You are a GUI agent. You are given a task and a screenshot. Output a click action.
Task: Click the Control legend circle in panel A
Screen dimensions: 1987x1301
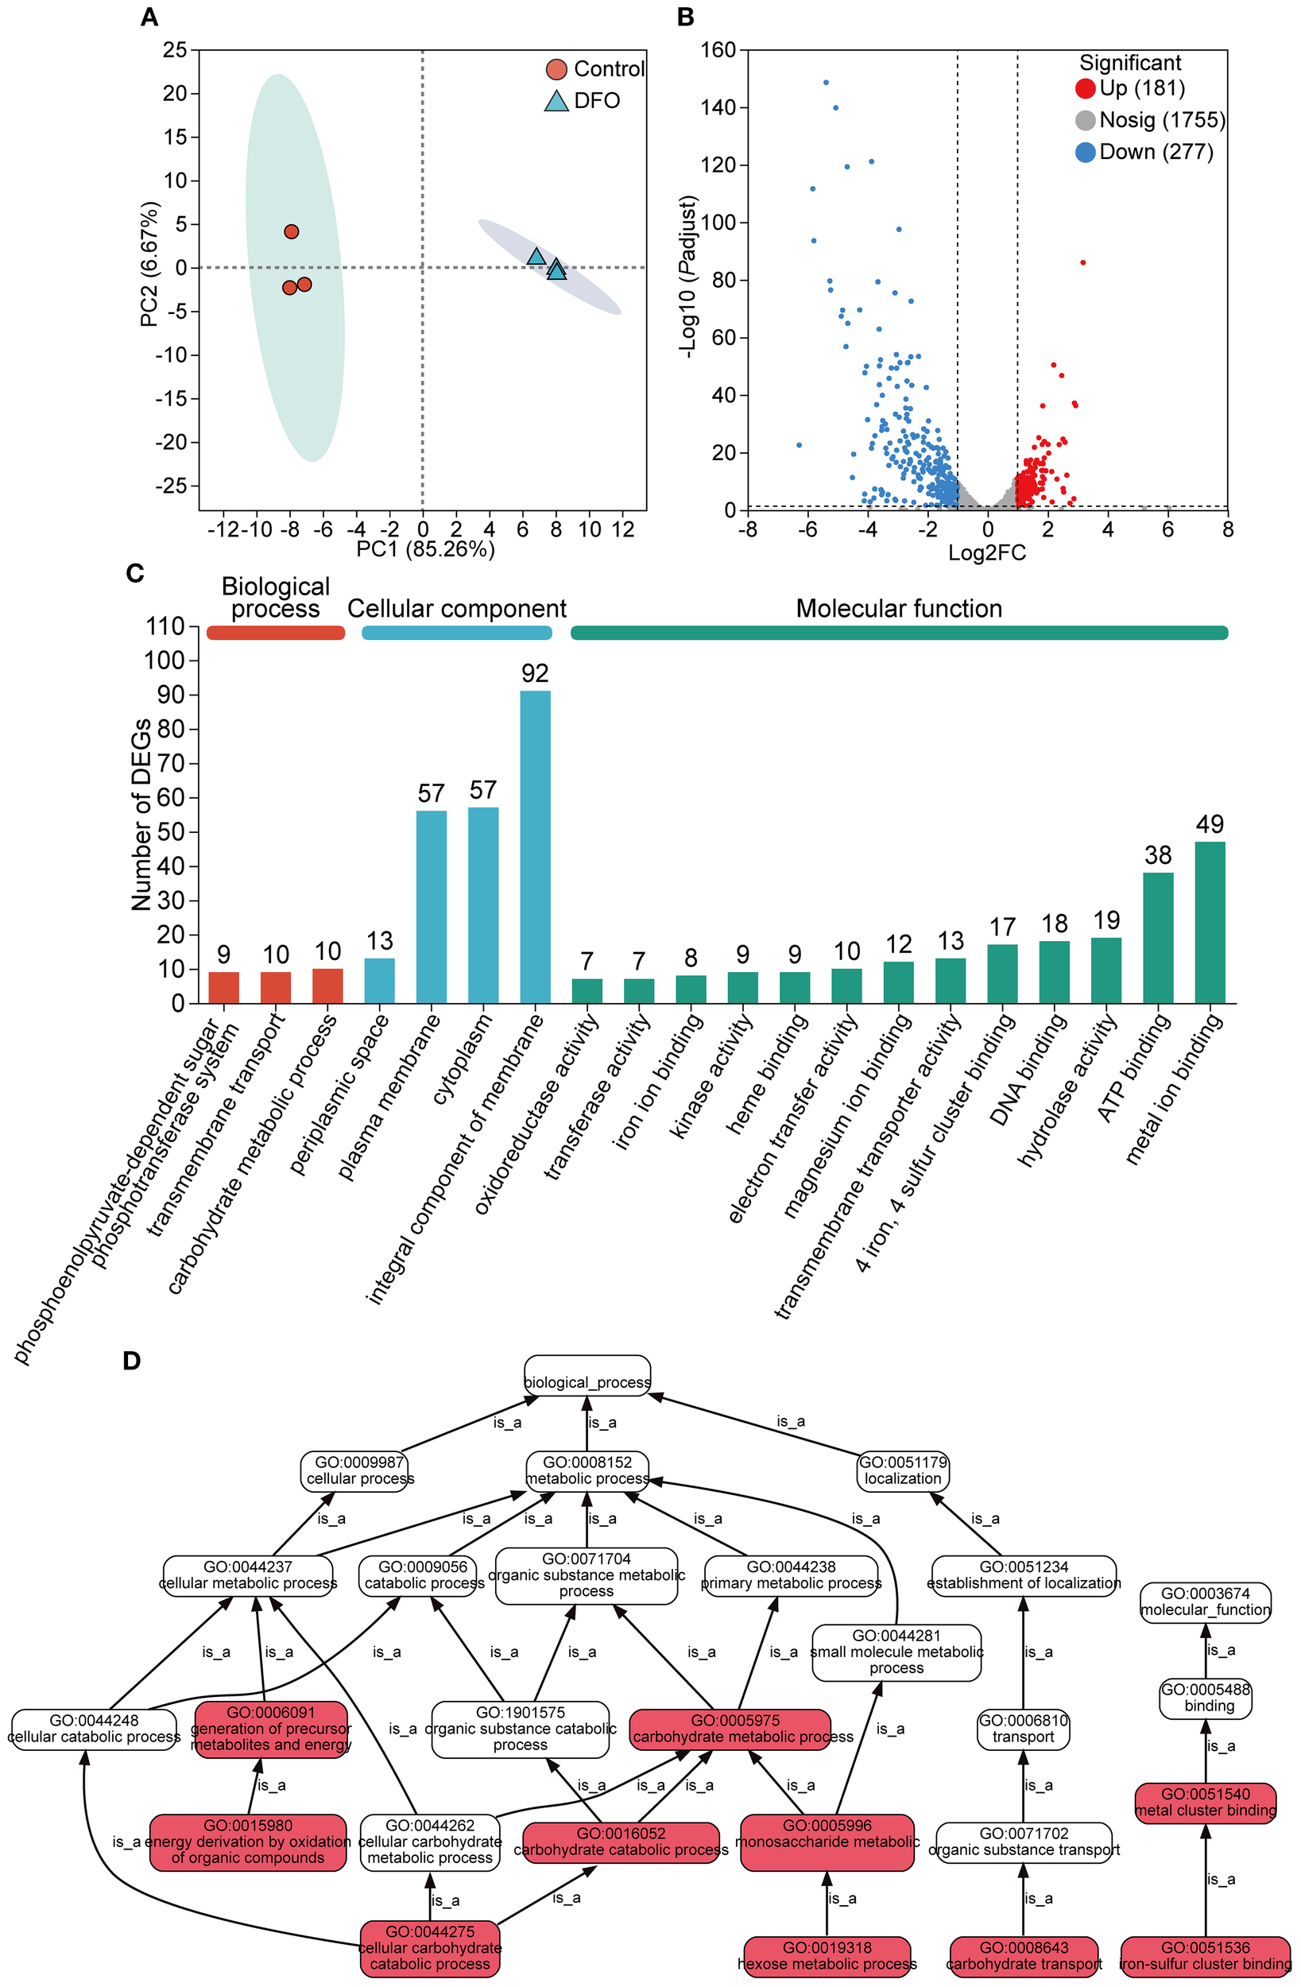pyautogui.click(x=557, y=69)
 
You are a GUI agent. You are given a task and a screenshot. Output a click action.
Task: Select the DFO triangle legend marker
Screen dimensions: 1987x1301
pyautogui.click(x=556, y=101)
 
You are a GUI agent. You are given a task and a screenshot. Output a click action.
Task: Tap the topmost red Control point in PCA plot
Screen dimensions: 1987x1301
pyautogui.click(x=292, y=231)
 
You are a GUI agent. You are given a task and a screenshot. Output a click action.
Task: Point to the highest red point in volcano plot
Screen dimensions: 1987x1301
pyautogui.click(x=1082, y=262)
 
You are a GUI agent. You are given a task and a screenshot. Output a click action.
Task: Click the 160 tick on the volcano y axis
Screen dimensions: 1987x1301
pyautogui.click(x=719, y=50)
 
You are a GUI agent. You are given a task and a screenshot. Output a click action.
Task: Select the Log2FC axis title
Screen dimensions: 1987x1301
pyautogui.click(x=986, y=552)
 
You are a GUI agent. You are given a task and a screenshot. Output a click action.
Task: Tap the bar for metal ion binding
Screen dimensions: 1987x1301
pyautogui.click(x=1210, y=922)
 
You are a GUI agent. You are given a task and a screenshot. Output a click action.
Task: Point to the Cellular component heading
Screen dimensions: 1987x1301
pyautogui.click(x=457, y=609)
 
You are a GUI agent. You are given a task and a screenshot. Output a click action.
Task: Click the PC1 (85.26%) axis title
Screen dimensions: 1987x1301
pyautogui.click(x=425, y=549)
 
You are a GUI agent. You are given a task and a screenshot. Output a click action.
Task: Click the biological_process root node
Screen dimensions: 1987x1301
pyautogui.click(x=587, y=1382)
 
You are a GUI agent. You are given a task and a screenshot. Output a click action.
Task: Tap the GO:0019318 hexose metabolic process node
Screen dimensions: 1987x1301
pyautogui.click(x=827, y=1955)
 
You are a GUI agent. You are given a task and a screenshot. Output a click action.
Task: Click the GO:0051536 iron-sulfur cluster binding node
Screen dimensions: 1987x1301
pyautogui.click(x=1205, y=1955)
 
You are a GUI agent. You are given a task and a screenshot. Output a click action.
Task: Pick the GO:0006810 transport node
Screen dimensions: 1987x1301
pyautogui.click(x=1023, y=1728)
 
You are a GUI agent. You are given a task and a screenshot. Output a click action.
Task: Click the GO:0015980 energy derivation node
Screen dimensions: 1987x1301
pyautogui.click(x=248, y=1841)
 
